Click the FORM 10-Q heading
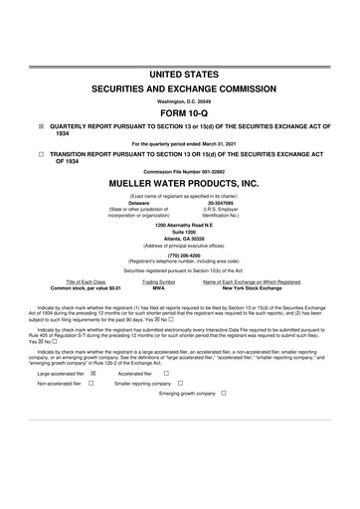click(x=179, y=112)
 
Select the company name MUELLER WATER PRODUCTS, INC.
click(x=179, y=184)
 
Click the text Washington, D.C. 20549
click(x=179, y=99)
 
